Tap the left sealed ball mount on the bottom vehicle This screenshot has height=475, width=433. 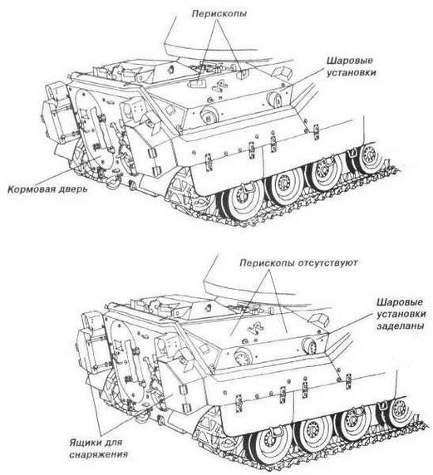click(x=242, y=356)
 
